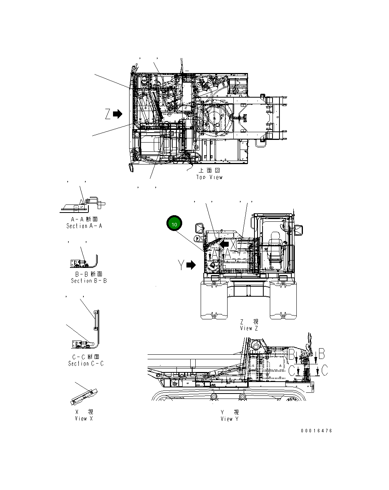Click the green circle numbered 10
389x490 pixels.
(x=174, y=224)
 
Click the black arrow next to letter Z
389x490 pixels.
(x=118, y=114)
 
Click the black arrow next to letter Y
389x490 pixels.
(x=191, y=265)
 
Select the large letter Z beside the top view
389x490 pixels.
(x=108, y=114)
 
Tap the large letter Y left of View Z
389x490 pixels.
(x=181, y=265)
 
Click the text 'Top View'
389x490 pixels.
(x=209, y=177)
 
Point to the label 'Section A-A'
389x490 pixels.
(x=84, y=226)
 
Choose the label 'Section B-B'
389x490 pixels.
(x=89, y=281)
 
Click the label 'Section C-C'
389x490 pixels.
(x=86, y=363)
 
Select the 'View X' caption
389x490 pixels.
(x=84, y=419)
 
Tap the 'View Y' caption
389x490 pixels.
(x=229, y=419)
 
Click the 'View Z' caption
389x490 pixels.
(x=249, y=328)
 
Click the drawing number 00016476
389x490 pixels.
(x=316, y=431)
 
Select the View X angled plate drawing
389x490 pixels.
(x=84, y=396)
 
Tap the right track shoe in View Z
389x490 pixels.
(x=284, y=300)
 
